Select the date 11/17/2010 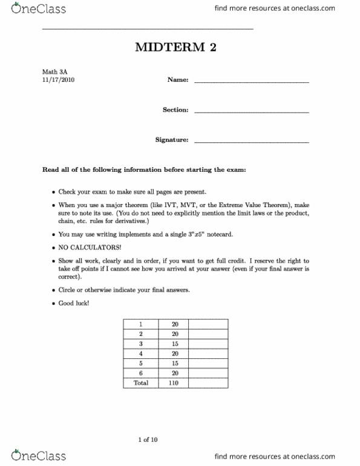(58, 80)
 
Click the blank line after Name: (251, 82)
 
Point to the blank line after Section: (251, 112)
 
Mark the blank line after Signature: (251, 142)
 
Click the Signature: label (172, 140)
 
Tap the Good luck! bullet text (74, 303)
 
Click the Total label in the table (140, 383)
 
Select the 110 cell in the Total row (174, 383)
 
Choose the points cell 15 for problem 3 (174, 344)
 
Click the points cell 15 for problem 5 (174, 363)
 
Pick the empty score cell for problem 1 (208, 324)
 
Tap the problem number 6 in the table (140, 373)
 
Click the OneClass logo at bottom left (27, 456)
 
